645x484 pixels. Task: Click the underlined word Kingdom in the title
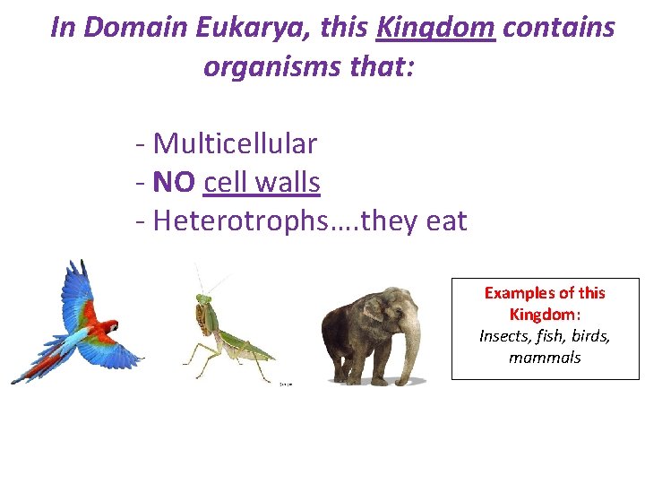435,28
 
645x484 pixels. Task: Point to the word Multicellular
235,143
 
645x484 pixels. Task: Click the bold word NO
174,183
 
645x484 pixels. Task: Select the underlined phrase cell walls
262,183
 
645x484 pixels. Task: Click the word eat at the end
446,221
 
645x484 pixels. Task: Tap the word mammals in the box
545,358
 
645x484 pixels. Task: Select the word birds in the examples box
591,336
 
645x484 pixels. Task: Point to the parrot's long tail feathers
36,363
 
